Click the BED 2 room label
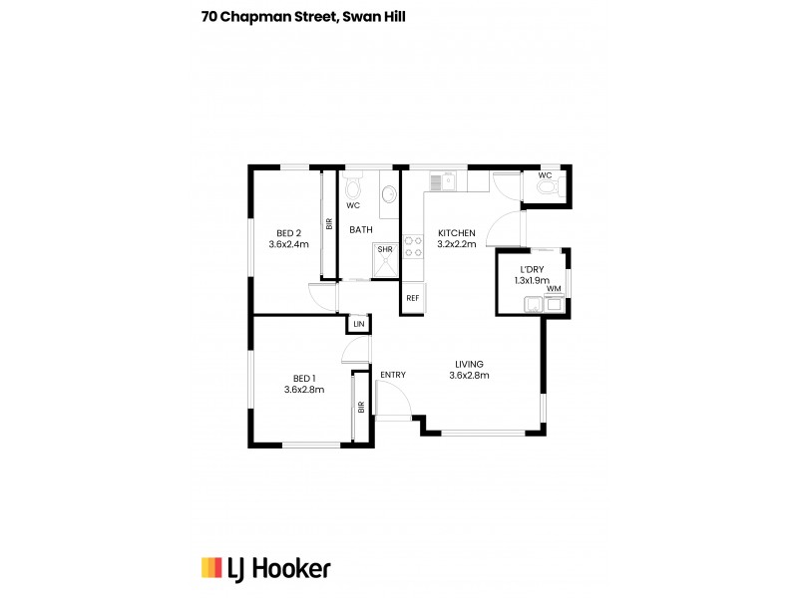pos(288,233)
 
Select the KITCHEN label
pos(457,233)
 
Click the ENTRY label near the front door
pos(393,375)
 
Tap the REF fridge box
pos(412,298)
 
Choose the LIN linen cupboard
pos(358,324)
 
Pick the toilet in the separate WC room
pos(555,186)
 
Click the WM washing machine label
pos(553,289)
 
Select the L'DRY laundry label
pos(531,270)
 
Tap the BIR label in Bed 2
pos(328,225)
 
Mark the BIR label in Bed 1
pos(361,407)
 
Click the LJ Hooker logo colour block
pos(210,567)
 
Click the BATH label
pos(360,230)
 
